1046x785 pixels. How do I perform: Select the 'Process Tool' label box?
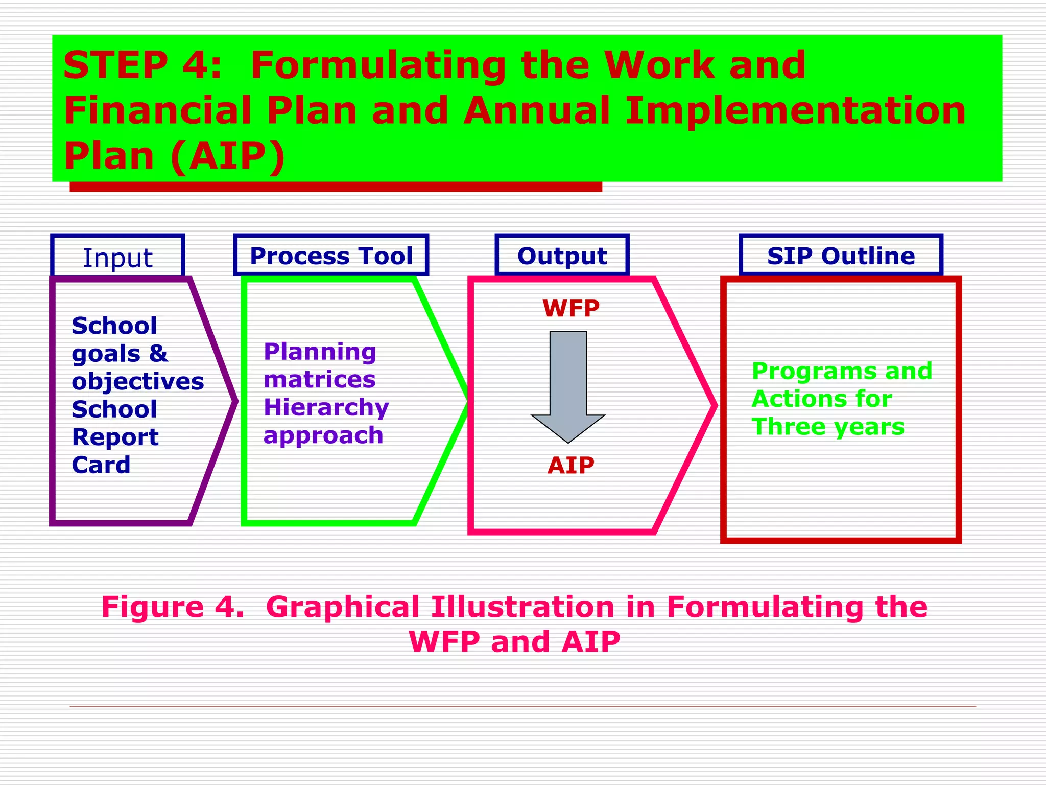tap(331, 256)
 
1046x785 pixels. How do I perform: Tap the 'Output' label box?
tap(562, 256)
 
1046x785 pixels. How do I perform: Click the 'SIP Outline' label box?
tap(841, 256)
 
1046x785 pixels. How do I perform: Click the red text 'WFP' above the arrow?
tap(570, 309)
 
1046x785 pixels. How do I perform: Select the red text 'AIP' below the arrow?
tap(570, 466)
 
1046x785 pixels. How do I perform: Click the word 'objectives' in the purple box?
tap(137, 382)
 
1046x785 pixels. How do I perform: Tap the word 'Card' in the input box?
tap(101, 465)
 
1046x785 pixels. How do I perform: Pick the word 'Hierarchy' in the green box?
tap(326, 407)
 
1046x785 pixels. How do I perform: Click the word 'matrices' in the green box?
tap(320, 380)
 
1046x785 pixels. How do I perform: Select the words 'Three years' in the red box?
tap(827, 427)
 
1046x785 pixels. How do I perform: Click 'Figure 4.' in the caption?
tap(173, 607)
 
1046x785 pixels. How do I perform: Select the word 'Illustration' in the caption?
tap(522, 607)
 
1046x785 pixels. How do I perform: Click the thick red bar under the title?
tap(336, 187)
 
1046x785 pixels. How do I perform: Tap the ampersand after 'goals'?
tap(158, 354)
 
